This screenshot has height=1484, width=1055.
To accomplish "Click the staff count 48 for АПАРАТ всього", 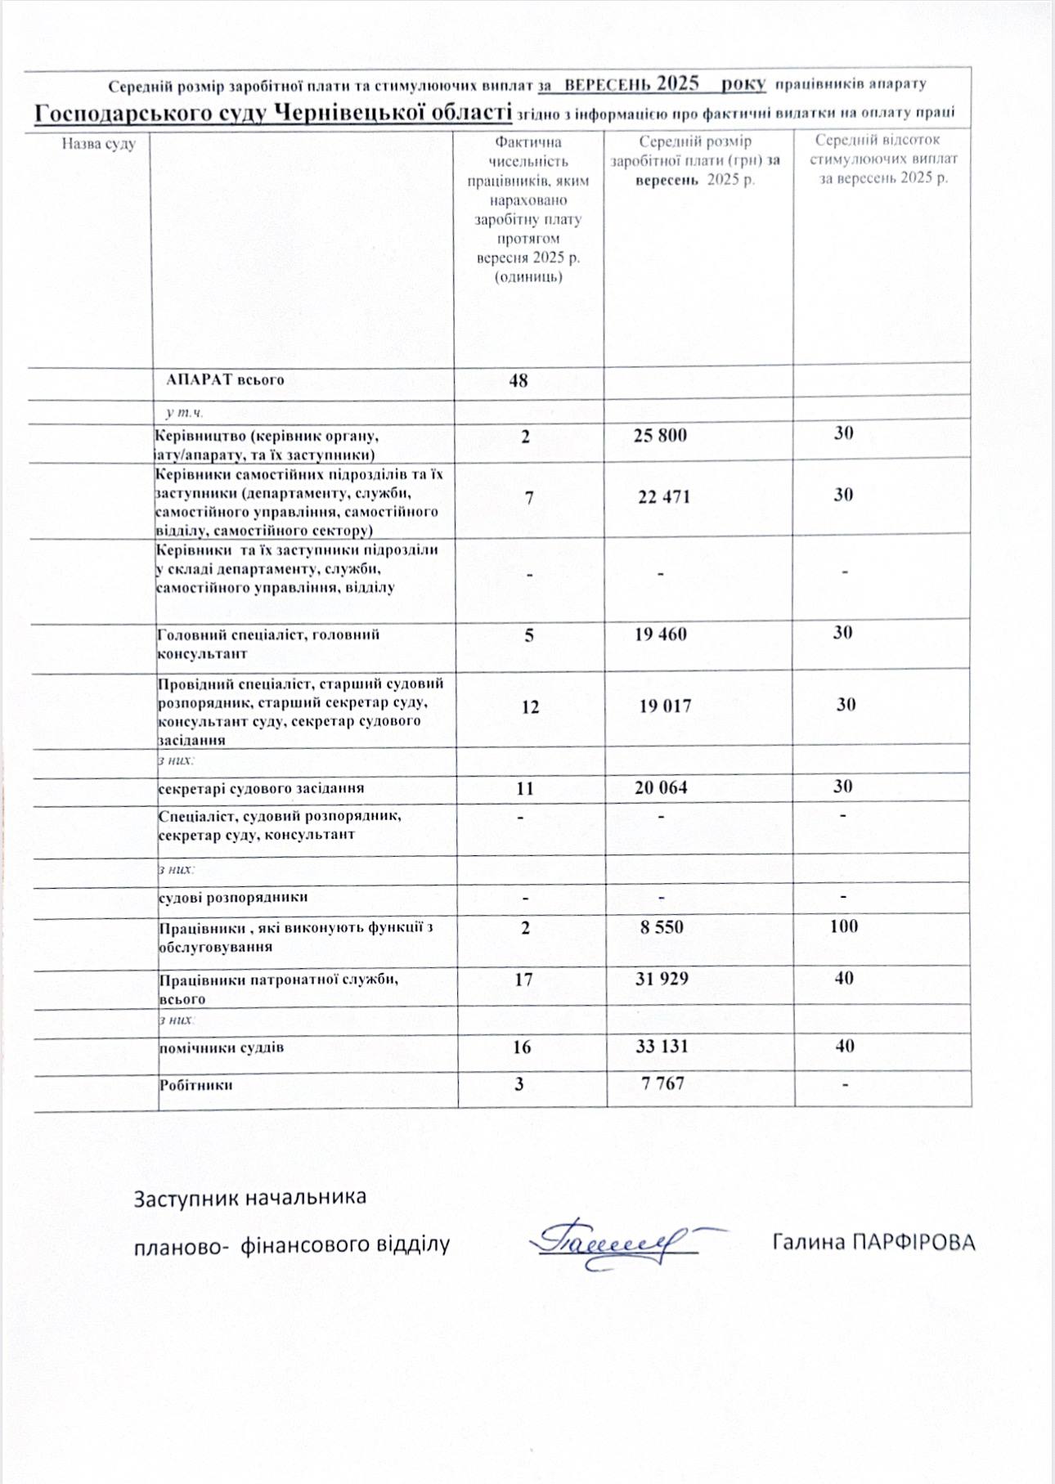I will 519,380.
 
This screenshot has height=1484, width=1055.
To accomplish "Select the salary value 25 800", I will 660,435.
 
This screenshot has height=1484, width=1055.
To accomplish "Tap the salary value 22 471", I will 664,496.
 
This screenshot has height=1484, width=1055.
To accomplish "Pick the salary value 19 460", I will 661,634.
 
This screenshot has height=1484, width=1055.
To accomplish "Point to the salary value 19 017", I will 665,706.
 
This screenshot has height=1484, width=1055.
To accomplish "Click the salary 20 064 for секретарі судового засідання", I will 661,787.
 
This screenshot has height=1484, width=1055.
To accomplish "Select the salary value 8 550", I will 662,927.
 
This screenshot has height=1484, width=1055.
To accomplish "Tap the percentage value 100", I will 843,926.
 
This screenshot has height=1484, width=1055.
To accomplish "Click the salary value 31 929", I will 662,978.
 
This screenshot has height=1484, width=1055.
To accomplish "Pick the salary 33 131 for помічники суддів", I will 662,1046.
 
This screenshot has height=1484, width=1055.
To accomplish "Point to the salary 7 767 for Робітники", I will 662,1083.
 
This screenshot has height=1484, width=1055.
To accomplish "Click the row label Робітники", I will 195,1085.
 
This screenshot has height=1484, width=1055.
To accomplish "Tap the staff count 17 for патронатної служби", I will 523,979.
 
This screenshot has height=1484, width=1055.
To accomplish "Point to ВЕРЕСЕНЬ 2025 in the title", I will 631,83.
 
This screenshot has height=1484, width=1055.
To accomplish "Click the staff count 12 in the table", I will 530,706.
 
